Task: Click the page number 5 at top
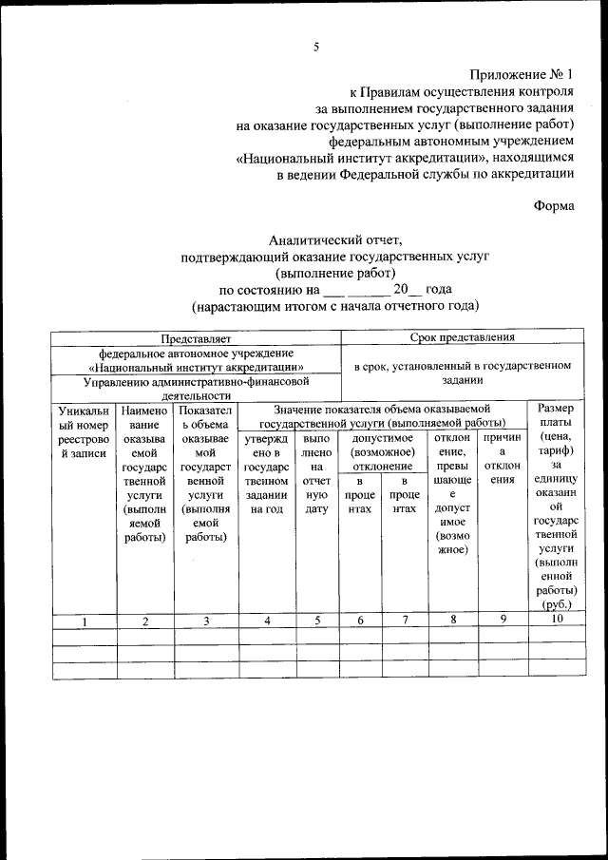coord(316,46)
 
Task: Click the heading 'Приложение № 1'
coord(522,73)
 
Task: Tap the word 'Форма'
coord(553,204)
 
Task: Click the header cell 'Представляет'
coord(197,337)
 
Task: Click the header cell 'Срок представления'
coord(463,337)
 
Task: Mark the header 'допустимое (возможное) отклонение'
coord(383,451)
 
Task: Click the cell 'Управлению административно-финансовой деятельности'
coord(197,388)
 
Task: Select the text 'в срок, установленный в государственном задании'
coord(463,371)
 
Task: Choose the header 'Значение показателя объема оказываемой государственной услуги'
coord(382,414)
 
